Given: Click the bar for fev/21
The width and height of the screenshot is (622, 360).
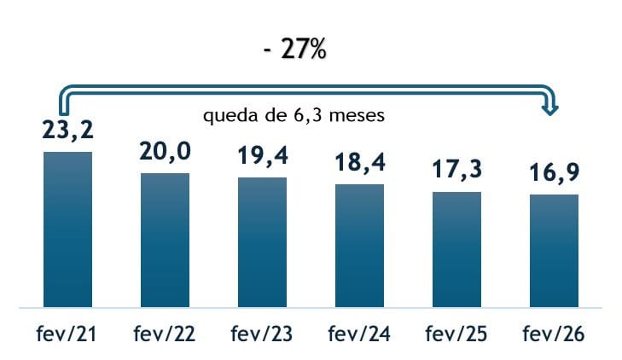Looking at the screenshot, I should [67, 229].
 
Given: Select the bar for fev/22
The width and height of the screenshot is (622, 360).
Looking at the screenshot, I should [165, 240].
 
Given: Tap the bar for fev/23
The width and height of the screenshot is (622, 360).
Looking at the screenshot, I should [262, 241].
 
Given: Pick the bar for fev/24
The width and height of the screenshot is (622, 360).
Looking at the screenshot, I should [359, 245].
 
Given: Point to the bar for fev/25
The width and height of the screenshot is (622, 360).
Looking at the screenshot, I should [456, 249].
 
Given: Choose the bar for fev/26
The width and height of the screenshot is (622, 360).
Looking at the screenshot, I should [554, 250].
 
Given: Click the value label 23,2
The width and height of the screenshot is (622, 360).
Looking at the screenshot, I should [67, 132].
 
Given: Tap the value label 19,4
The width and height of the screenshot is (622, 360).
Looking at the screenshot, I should [262, 157].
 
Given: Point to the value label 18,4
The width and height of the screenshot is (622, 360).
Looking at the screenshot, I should [359, 164].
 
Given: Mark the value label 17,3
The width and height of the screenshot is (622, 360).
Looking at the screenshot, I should [456, 171].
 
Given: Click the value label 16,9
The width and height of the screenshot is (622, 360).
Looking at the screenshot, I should [554, 175].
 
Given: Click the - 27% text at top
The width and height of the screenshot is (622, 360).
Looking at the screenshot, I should [294, 49].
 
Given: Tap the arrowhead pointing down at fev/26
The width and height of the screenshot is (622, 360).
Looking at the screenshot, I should [553, 108].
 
